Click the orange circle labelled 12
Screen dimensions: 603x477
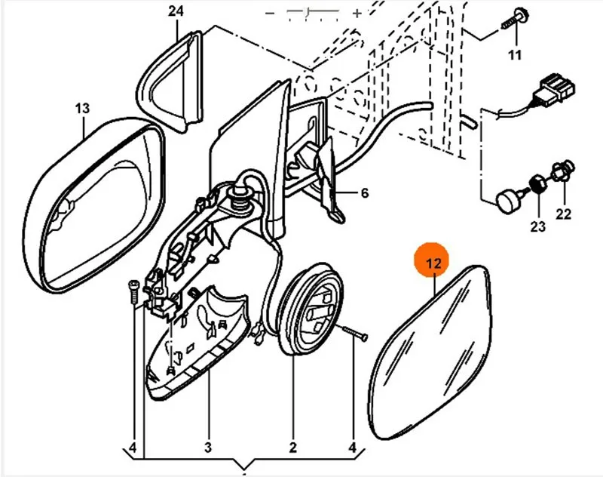pyautogui.click(x=432, y=260)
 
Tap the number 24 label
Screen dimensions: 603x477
pyautogui.click(x=176, y=11)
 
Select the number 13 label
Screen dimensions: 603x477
pyautogui.click(x=82, y=108)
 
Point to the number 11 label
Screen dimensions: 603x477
pyautogui.click(x=515, y=55)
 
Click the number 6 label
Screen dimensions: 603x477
pyautogui.click(x=365, y=192)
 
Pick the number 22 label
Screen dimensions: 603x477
pyautogui.click(x=563, y=214)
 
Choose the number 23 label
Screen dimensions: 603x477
pyautogui.click(x=537, y=226)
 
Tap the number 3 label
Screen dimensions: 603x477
pyautogui.click(x=208, y=448)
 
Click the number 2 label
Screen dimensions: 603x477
pyautogui.click(x=292, y=448)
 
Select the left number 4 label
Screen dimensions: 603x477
pyautogui.click(x=133, y=448)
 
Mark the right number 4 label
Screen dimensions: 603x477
pyautogui.click(x=353, y=448)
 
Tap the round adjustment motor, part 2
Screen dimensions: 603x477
pyautogui.click(x=311, y=309)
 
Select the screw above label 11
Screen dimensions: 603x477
pyautogui.click(x=516, y=20)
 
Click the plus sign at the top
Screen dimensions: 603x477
pyautogui.click(x=357, y=13)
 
